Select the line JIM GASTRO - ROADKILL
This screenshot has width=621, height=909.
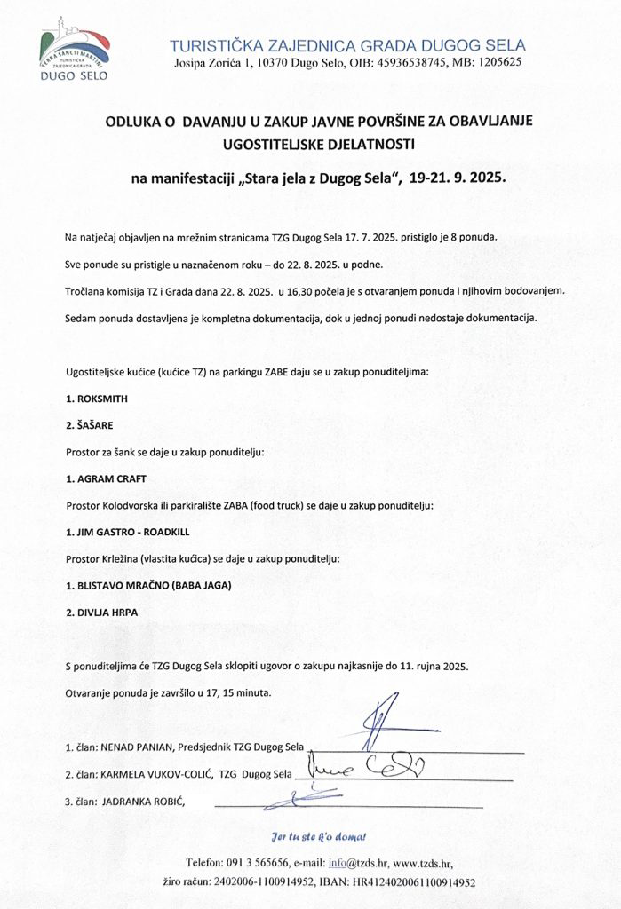128,532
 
